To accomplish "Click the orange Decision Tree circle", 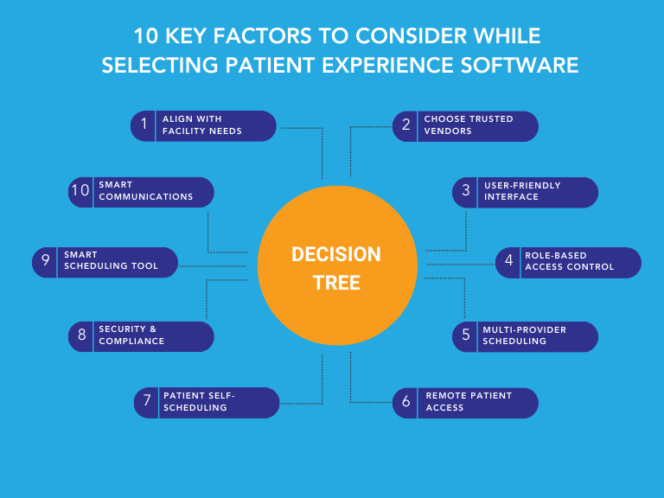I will tap(335, 267).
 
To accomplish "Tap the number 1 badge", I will tap(144, 125).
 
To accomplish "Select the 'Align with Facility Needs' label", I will tap(202, 125).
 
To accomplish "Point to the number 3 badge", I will tap(466, 192).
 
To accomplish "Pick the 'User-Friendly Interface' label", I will tap(521, 192).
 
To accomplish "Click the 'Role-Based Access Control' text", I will tap(569, 262).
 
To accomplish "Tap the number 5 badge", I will tap(466, 335).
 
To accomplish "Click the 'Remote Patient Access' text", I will tap(469, 402).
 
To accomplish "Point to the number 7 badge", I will tap(148, 402).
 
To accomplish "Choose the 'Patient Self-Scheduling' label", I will tap(199, 402).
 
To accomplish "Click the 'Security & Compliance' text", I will tap(131, 335).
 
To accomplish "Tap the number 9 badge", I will tap(46, 262).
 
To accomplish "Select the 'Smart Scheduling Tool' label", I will tap(111, 262).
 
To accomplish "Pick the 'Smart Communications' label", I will tap(146, 192).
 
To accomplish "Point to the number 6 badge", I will tap(405, 402).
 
